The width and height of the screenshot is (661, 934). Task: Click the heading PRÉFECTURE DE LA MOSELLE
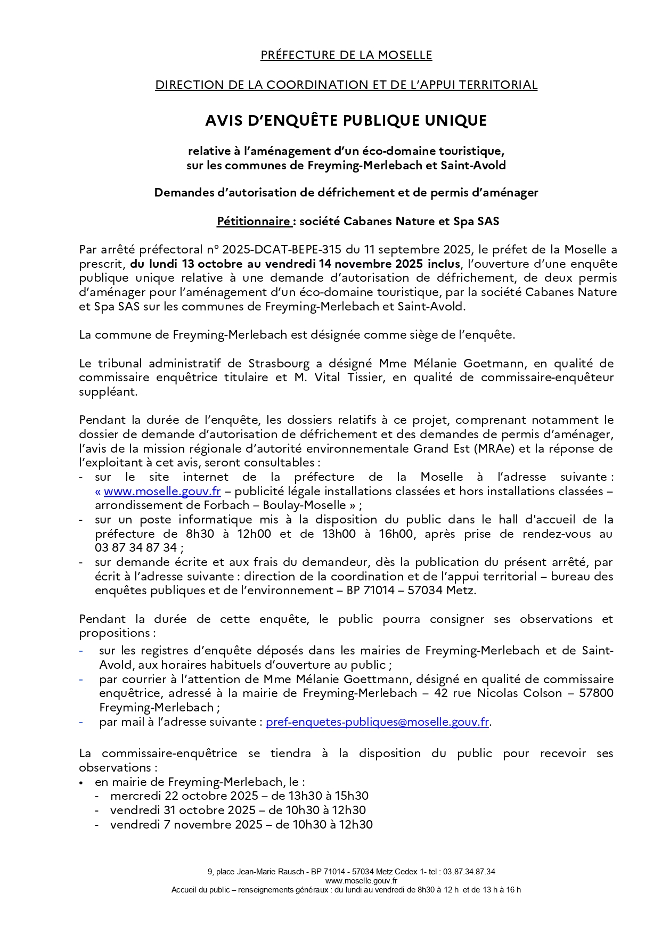point(346,55)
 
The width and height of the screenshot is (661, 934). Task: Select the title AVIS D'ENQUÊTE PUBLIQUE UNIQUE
point(346,121)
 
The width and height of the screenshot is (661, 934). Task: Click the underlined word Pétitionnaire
point(254,222)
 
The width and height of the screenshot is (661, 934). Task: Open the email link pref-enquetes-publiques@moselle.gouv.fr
point(377,722)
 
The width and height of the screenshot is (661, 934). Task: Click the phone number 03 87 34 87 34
point(136,548)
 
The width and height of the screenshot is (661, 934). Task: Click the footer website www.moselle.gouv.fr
point(346,881)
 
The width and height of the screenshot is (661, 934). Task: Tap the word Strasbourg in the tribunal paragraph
point(279,364)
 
